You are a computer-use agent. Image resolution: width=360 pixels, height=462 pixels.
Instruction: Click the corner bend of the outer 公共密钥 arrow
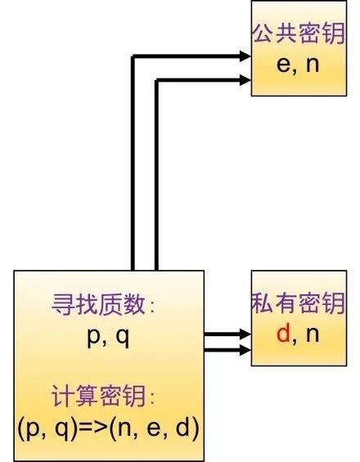tap(133, 56)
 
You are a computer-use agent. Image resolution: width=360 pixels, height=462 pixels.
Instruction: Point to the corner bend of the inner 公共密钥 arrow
tap(156, 79)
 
